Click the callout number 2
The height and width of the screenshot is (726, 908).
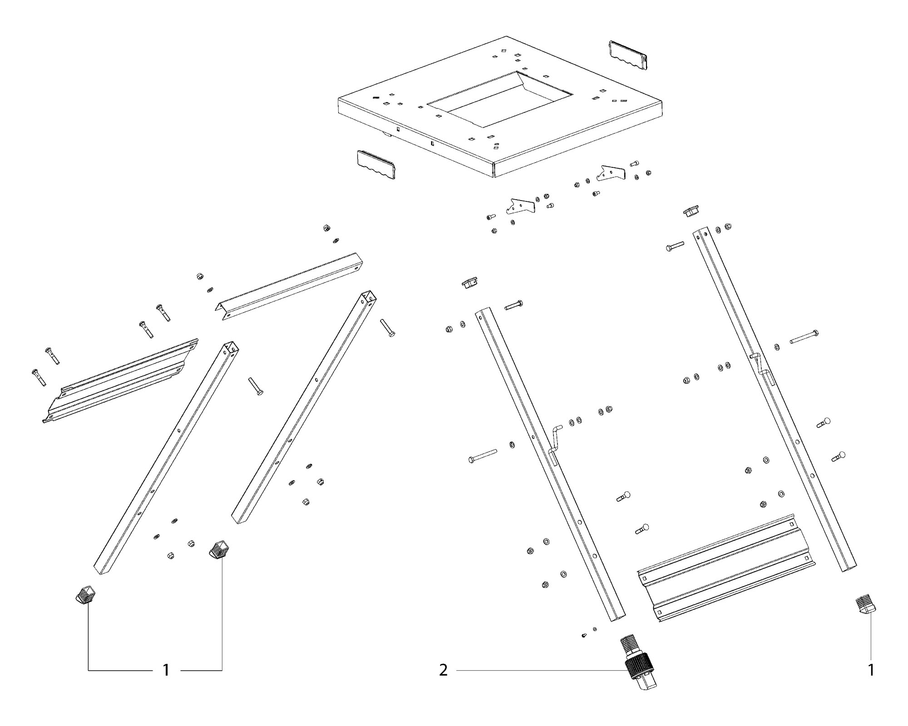tap(443, 670)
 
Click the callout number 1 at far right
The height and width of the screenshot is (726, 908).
tap(871, 670)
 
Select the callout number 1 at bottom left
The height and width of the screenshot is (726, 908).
tap(166, 670)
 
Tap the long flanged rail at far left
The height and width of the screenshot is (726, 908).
tap(120, 380)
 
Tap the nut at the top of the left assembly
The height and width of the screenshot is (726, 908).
tap(326, 227)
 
